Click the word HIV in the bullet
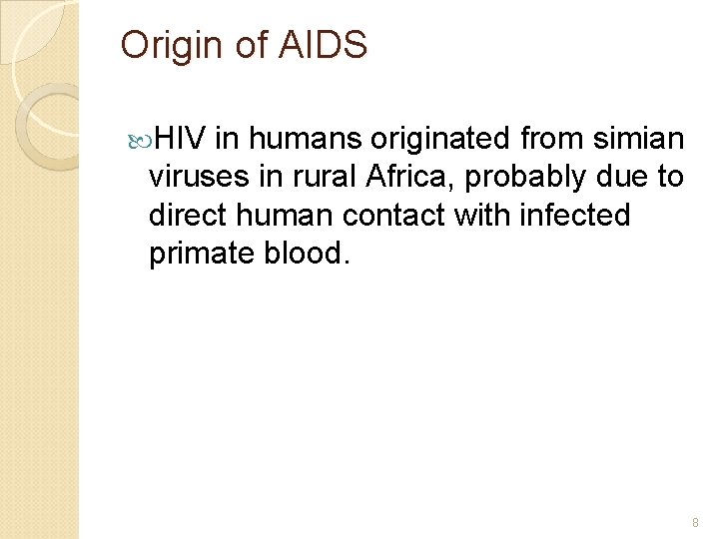coord(181,139)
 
